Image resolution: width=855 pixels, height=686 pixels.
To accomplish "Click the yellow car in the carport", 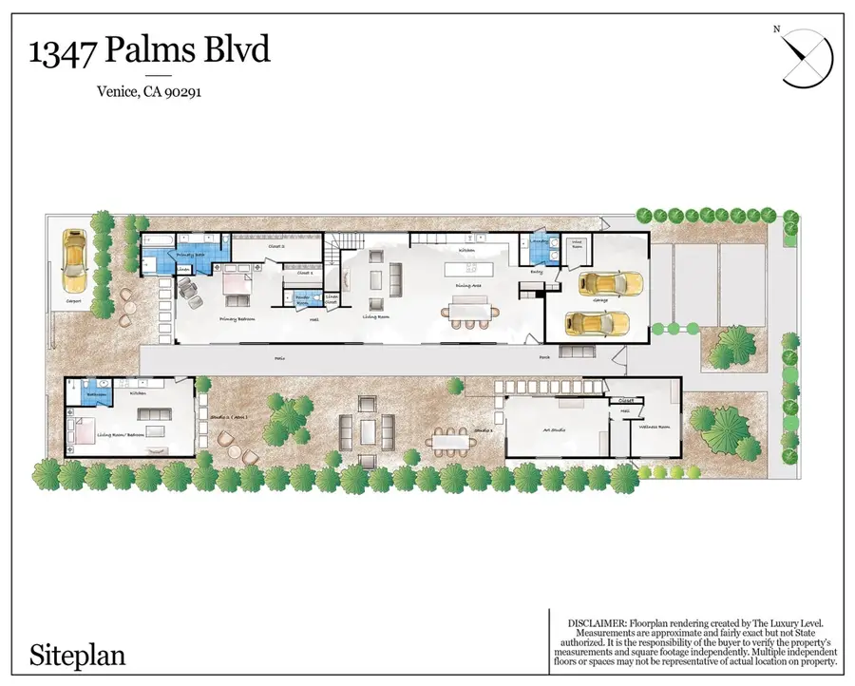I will (75, 263).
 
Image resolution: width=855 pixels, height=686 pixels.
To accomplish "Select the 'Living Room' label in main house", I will (375, 317).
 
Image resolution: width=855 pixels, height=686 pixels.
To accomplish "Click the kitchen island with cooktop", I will (466, 269).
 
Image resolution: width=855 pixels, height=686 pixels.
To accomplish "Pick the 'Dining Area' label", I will (465, 285).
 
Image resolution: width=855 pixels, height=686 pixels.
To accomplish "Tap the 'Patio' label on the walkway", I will (279, 359).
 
